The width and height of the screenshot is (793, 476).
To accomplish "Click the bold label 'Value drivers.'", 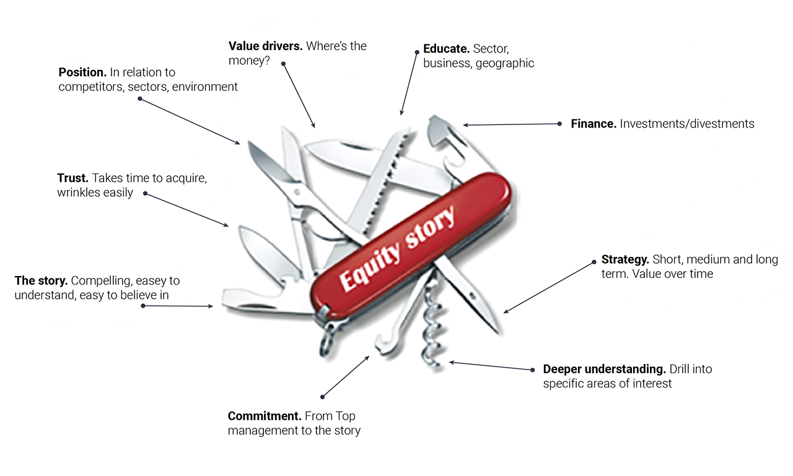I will [x=265, y=46].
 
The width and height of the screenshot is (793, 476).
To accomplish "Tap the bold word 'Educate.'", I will [x=446, y=48].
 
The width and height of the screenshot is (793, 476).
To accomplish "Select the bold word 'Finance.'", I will [x=594, y=124].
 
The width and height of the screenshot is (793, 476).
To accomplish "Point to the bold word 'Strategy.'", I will [x=625, y=259].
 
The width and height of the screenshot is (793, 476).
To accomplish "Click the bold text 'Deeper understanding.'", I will [x=605, y=369].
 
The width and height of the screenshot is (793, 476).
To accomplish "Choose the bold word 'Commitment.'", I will [x=265, y=416].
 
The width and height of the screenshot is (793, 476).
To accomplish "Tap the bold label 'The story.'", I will [x=41, y=281].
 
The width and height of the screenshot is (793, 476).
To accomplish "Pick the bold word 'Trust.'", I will [x=72, y=178].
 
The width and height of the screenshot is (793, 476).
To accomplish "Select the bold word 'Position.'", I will [x=82, y=72].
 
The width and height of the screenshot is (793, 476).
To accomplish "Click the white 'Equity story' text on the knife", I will [x=397, y=248].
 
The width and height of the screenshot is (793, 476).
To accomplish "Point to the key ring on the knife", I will [x=326, y=340].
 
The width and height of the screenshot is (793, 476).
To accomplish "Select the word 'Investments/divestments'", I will [x=687, y=124].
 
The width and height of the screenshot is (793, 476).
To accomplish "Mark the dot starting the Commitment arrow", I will [x=322, y=397].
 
